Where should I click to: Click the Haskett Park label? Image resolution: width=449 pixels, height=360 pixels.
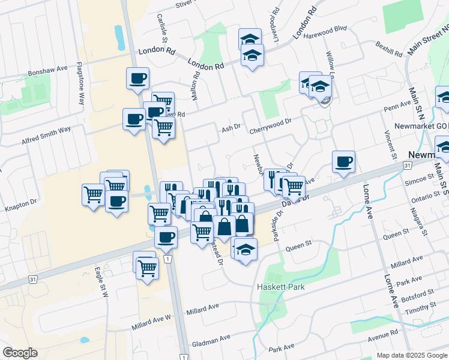[x=282, y=287]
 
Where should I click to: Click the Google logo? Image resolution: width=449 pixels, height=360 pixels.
[x=20, y=353]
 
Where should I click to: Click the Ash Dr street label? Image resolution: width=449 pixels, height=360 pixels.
[x=231, y=128]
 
